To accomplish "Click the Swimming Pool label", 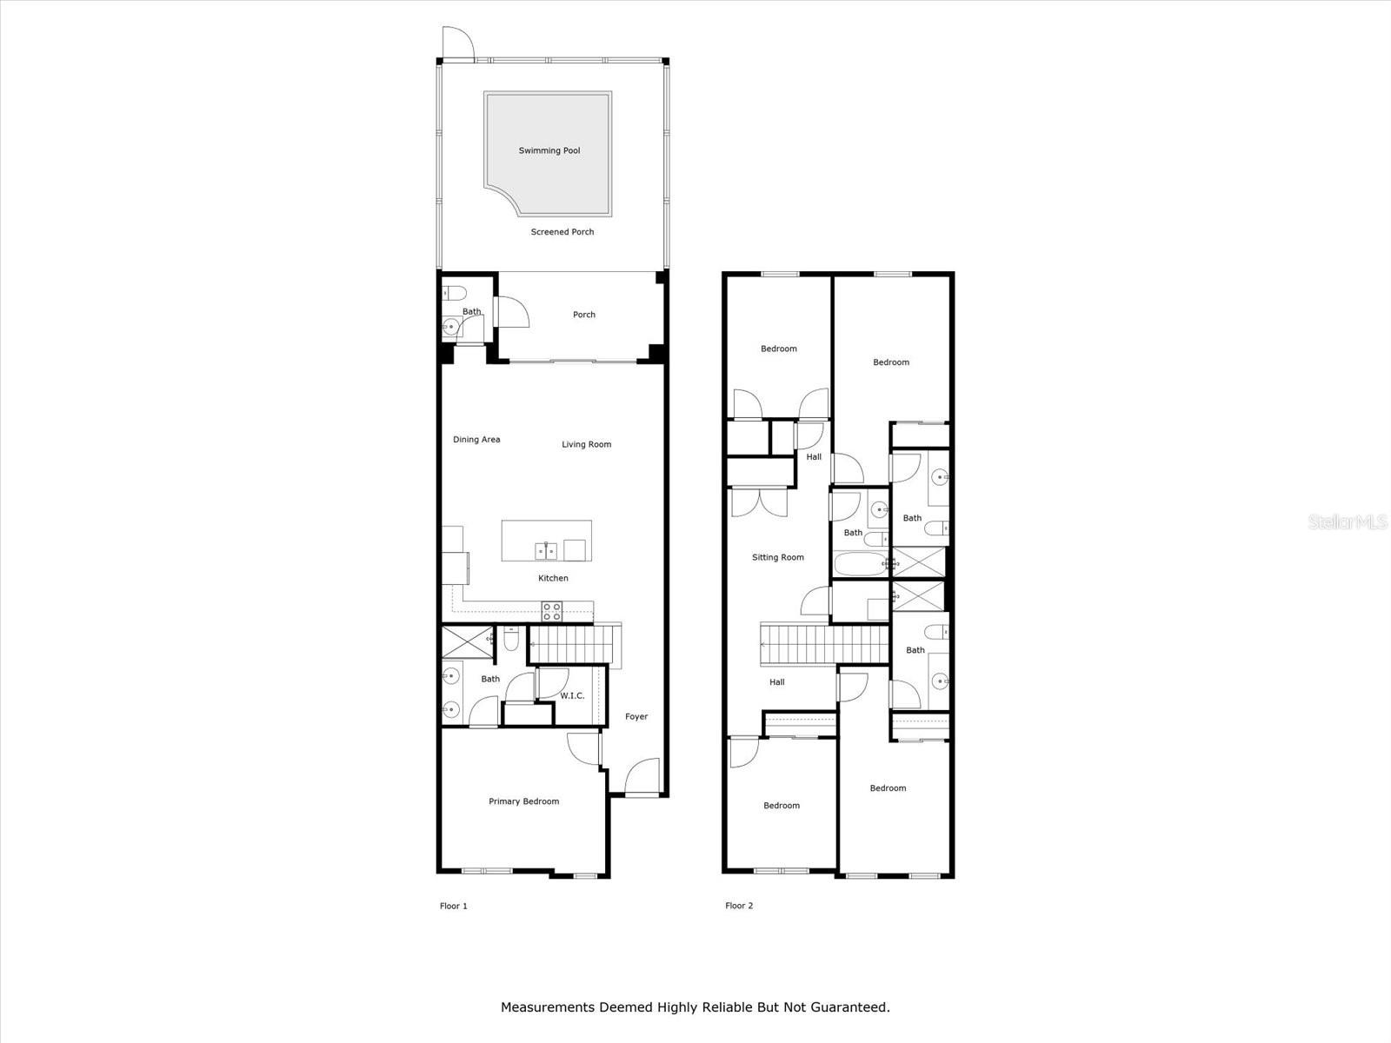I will pos(549,150).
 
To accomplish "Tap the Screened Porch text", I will pos(562,232).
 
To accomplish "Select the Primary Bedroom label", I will pos(523,801).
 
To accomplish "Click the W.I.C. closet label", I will pos(572,696).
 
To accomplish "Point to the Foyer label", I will pos(636,717).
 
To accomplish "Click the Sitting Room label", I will pos(778,557).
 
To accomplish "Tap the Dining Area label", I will pos(476,440).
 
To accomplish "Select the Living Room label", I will pos(586,444).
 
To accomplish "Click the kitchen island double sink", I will pos(545,550).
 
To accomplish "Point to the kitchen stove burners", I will pos(552,611).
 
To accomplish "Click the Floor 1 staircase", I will pos(570,646).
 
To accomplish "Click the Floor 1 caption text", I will pos(453,906).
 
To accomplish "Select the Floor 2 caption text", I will pos(739,906).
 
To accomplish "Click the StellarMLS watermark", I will pos(1347,522).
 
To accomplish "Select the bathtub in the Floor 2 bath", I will pos(860,564).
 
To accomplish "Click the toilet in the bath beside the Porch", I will pos(455,292).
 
